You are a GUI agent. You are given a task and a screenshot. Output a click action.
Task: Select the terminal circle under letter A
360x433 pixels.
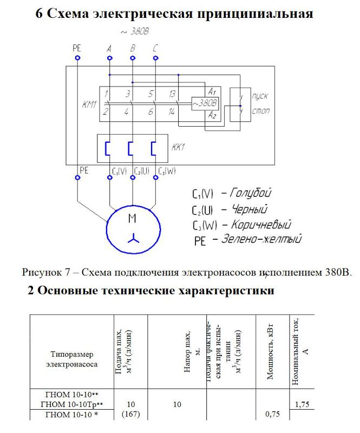click(x=109, y=57)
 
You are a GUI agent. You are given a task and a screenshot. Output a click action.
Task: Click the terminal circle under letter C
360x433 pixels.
click(x=155, y=57)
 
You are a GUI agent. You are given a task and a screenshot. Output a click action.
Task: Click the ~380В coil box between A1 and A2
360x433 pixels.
click(x=205, y=103)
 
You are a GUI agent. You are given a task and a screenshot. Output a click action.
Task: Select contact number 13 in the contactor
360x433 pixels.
click(x=172, y=94)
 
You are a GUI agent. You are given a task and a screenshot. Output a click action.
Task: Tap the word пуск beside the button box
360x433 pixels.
click(x=259, y=96)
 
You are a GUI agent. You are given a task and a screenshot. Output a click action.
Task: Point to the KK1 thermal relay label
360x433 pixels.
click(x=178, y=146)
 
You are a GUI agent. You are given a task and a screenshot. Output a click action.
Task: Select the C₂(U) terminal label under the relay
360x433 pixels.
click(x=142, y=171)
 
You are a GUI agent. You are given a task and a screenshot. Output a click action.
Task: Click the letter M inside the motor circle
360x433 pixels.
click(x=132, y=219)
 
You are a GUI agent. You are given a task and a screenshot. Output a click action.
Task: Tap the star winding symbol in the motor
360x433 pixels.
click(x=133, y=238)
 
